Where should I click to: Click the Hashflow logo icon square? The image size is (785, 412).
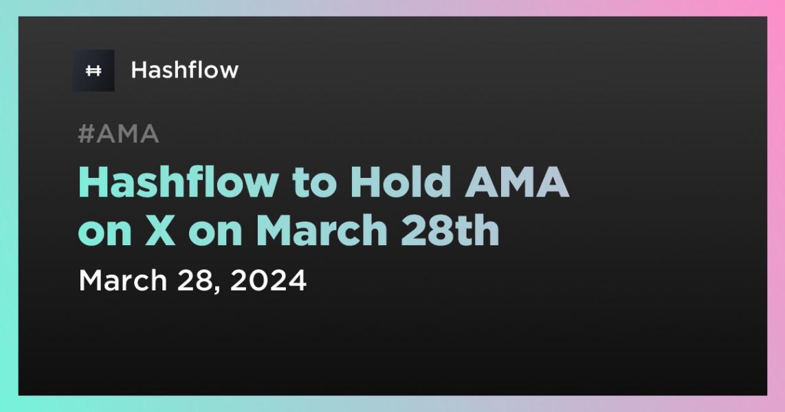93,71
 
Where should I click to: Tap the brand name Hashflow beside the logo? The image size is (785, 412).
185,70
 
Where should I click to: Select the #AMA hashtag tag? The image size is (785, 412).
119,134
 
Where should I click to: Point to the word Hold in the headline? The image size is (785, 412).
401,182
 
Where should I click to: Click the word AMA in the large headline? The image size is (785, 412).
517,183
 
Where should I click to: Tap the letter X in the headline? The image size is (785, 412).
161,231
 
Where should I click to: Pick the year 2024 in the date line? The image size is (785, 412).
268,280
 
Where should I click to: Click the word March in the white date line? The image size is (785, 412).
122,280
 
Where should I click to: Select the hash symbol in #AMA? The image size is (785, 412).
87,134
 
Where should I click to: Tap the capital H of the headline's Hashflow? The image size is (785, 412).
95,183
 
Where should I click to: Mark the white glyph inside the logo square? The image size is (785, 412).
93,71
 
